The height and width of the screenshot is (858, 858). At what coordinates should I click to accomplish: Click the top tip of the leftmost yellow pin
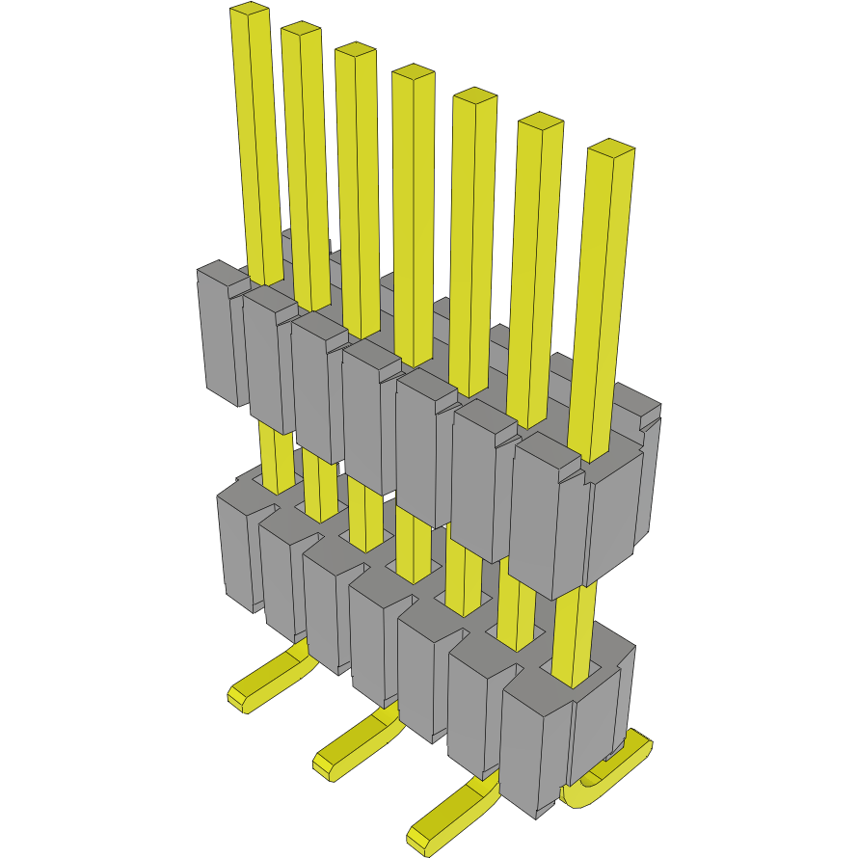[x=250, y=12]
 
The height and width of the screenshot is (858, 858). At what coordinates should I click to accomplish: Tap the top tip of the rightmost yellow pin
[x=611, y=148]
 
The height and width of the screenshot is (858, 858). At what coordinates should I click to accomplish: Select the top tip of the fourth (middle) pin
[x=414, y=73]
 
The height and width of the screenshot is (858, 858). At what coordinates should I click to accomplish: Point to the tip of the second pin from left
[x=301, y=30]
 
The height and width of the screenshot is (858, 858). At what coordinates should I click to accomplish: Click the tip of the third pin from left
[x=355, y=51]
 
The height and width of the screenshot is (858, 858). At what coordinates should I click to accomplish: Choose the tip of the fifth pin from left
[x=474, y=96]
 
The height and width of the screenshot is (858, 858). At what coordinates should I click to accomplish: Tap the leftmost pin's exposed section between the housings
[x=276, y=458]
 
